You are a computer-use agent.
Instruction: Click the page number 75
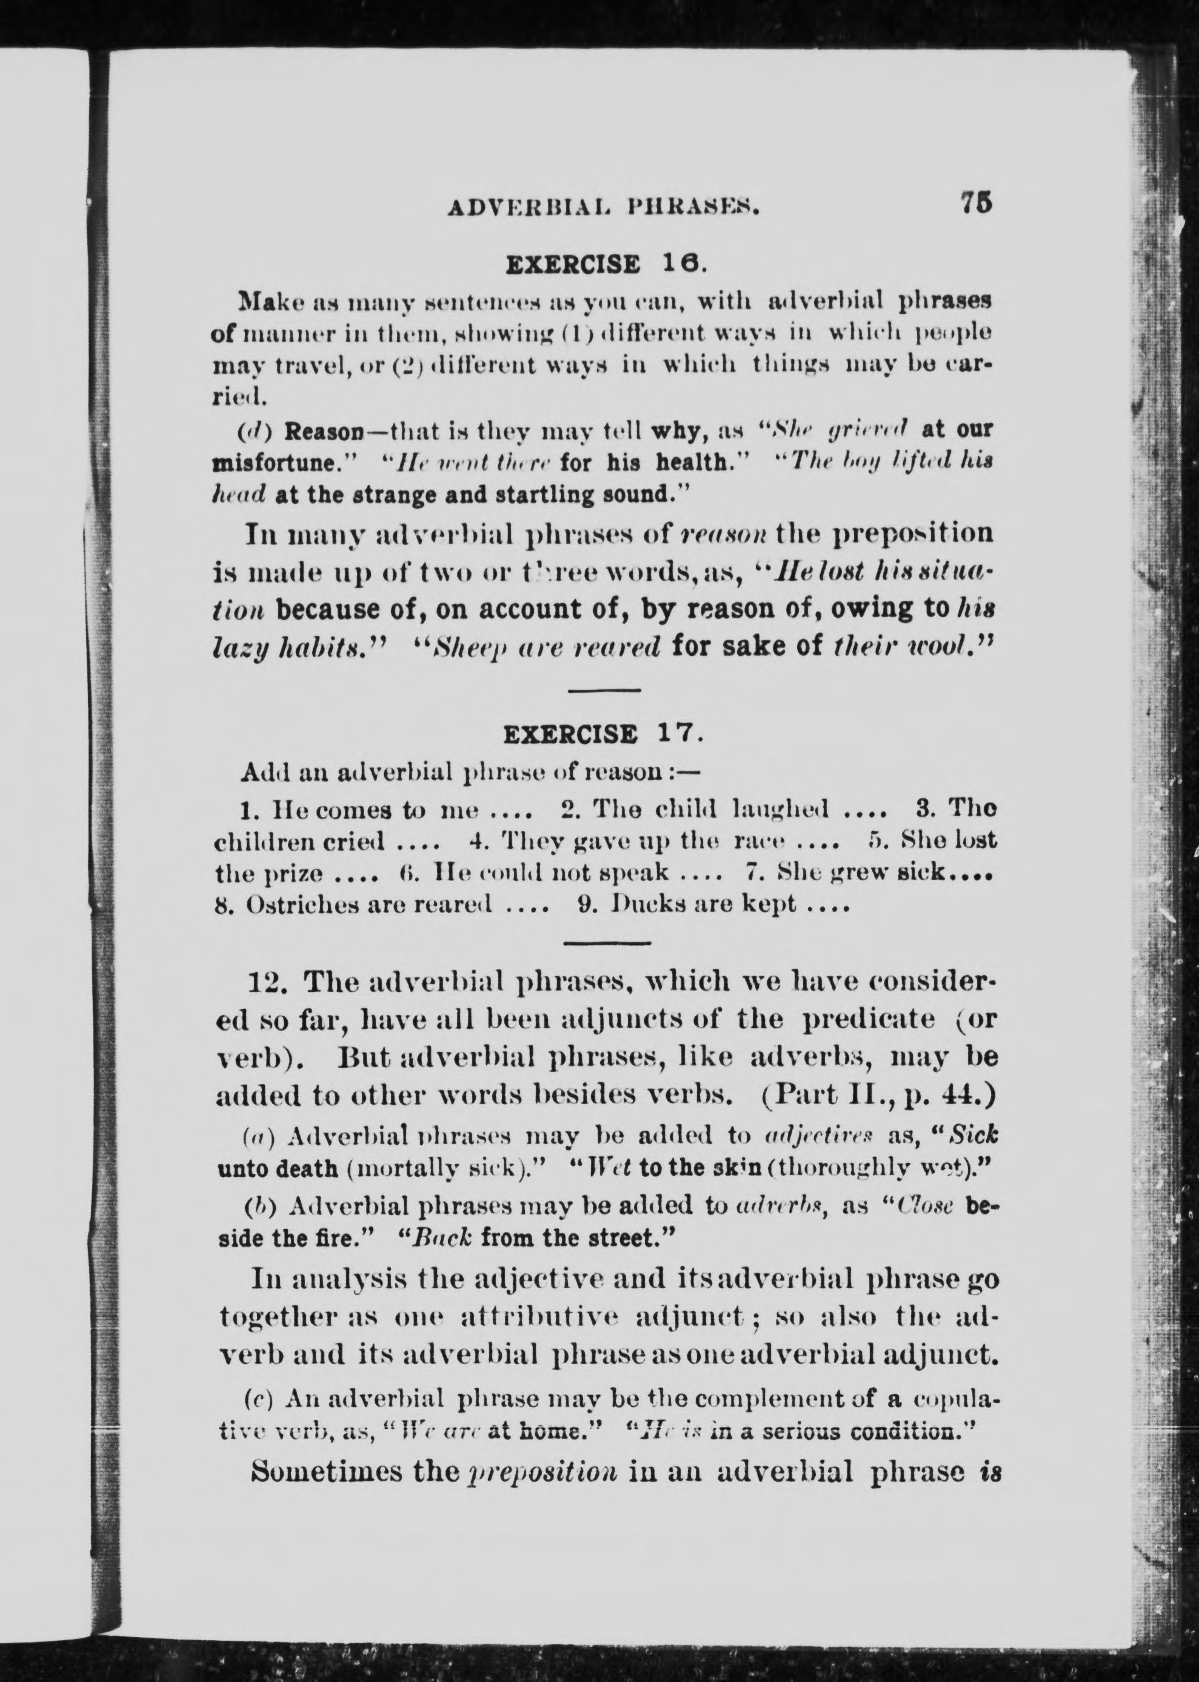976,203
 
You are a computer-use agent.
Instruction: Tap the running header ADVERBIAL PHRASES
604,209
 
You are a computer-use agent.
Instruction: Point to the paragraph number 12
266,983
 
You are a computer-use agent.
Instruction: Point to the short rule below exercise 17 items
607,943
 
